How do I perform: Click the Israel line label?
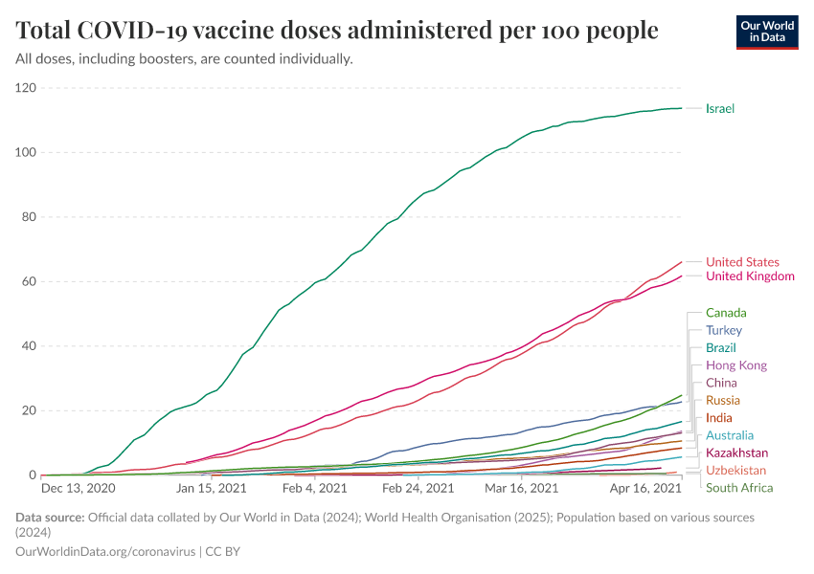(720, 108)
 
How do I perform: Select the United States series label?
(742, 262)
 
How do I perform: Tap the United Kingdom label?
(750, 276)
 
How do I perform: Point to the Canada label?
(726, 313)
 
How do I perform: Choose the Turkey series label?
(724, 330)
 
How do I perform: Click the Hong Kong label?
(736, 365)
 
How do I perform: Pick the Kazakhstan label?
(736, 453)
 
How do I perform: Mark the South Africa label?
(739, 488)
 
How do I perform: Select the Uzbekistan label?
(736, 471)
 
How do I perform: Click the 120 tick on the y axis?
(26, 88)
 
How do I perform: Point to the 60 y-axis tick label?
(29, 282)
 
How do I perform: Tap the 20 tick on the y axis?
(29, 411)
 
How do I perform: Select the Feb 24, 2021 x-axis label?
(418, 488)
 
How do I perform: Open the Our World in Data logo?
(768, 32)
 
